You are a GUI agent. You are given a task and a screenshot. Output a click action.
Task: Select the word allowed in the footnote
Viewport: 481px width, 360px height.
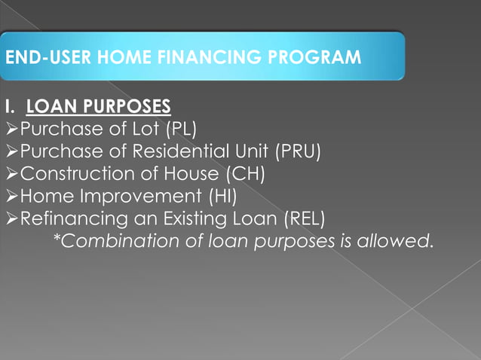click(x=404, y=242)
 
